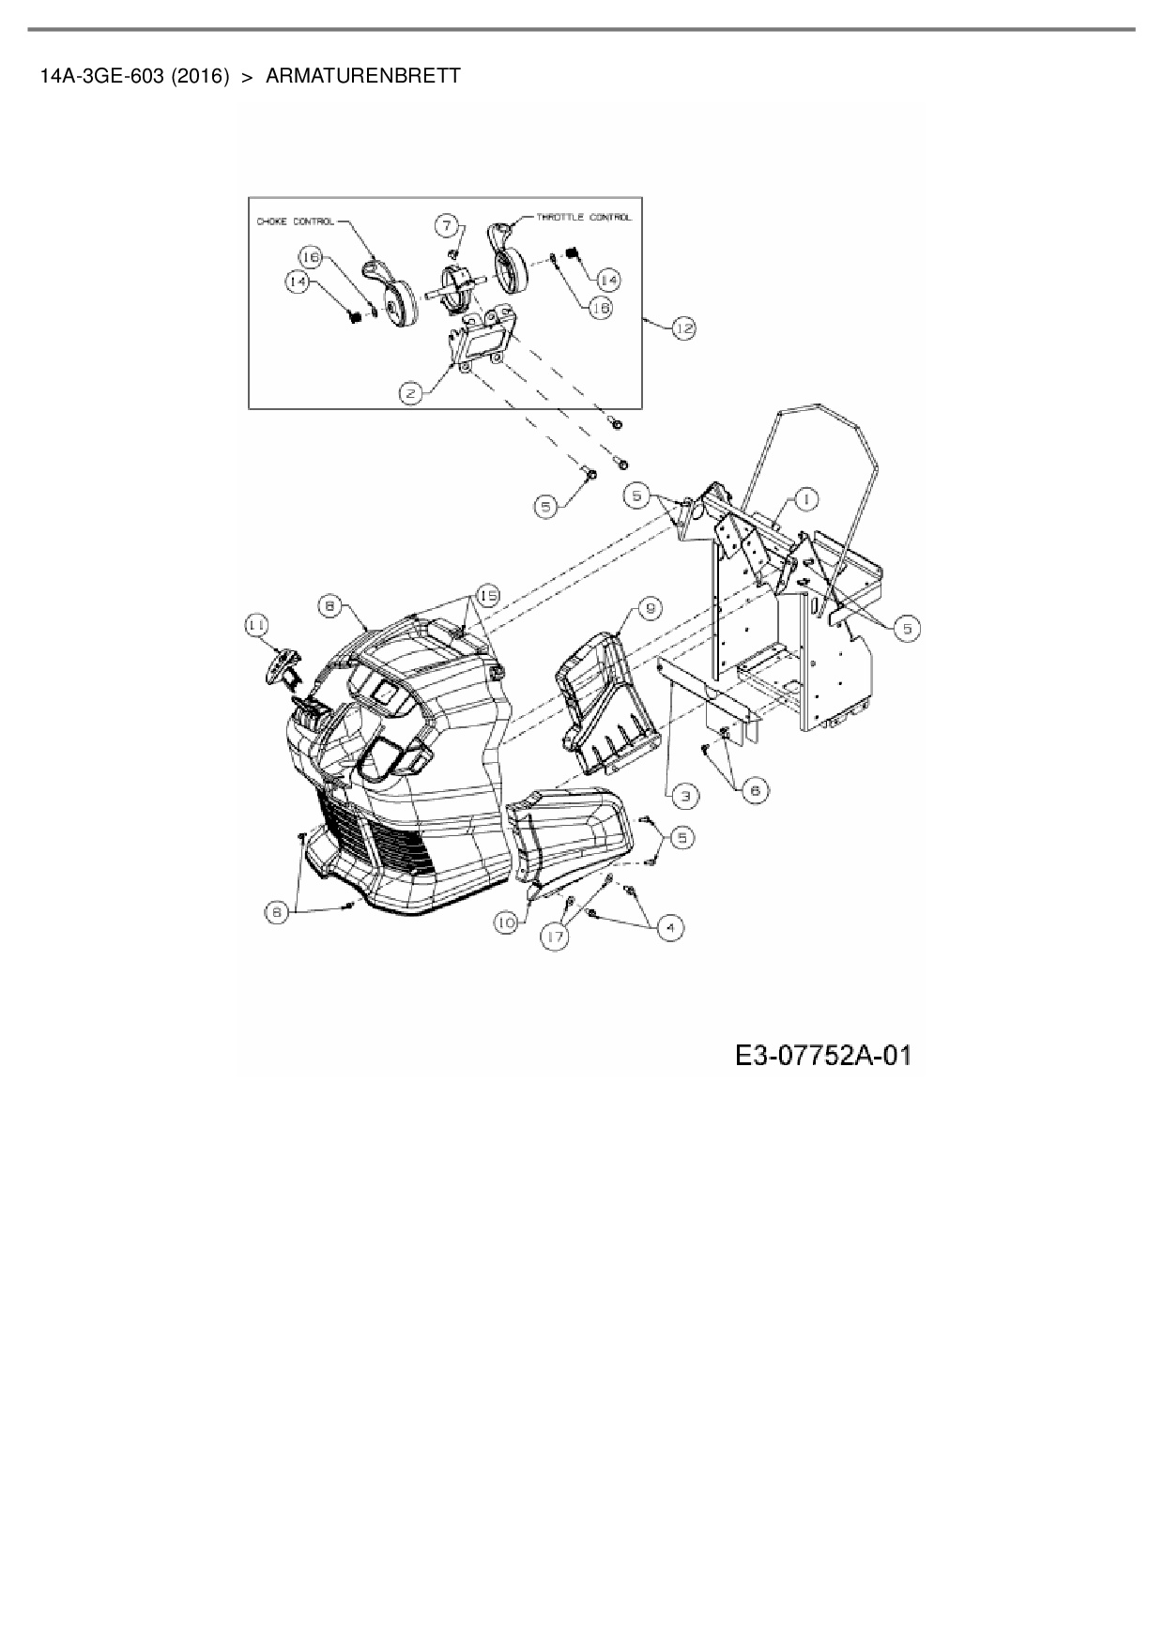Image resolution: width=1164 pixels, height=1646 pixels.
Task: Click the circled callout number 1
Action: coord(805,499)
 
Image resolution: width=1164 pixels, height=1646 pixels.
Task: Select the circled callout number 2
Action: coord(411,394)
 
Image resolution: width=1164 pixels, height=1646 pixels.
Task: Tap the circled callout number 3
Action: coord(684,796)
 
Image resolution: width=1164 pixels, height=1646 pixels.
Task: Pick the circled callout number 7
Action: coord(448,225)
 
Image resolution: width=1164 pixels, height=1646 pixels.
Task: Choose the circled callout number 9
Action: coord(649,609)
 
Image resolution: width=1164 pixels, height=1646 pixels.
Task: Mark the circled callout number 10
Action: coord(507,923)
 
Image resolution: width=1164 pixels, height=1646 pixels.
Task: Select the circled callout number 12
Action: coord(683,328)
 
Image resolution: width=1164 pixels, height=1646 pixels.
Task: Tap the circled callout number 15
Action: coord(487,595)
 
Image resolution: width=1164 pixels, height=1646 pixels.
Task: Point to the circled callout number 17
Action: coord(557,937)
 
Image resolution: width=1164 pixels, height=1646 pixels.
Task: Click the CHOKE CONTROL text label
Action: coord(294,222)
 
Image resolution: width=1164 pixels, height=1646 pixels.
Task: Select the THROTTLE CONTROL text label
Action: coord(584,217)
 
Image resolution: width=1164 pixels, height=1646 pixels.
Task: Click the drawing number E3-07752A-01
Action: coord(822,1057)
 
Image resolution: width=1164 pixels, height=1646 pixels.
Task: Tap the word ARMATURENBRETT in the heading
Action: coord(363,76)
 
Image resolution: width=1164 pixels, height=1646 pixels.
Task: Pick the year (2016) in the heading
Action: coord(201,76)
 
